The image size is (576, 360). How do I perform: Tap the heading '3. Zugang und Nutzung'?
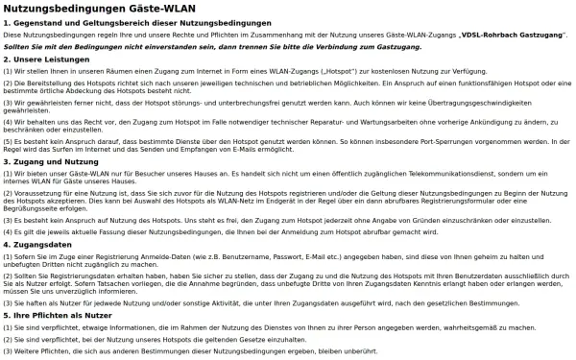coord(46,161)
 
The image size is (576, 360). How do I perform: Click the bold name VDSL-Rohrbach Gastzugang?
coord(512,34)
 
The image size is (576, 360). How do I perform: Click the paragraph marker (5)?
coord(8,139)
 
